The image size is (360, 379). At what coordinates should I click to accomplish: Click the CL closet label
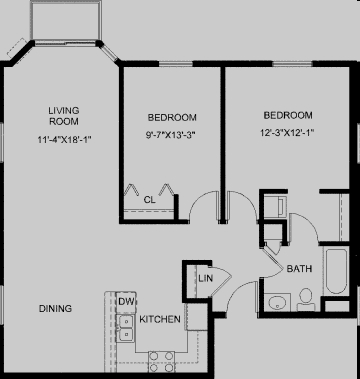149,200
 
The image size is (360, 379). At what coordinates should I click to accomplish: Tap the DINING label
55,308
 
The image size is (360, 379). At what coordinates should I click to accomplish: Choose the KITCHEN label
160,319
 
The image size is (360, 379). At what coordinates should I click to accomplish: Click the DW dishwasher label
126,301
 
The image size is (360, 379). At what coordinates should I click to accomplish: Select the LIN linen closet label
205,278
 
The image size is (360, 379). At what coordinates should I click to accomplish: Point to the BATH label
299,269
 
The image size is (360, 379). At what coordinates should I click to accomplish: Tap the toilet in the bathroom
306,298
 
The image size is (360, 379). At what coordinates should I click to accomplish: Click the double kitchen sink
125,327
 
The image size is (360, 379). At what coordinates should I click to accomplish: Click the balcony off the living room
66,19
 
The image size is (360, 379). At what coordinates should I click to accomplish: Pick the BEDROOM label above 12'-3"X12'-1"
288,114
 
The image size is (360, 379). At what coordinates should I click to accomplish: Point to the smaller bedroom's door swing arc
204,203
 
